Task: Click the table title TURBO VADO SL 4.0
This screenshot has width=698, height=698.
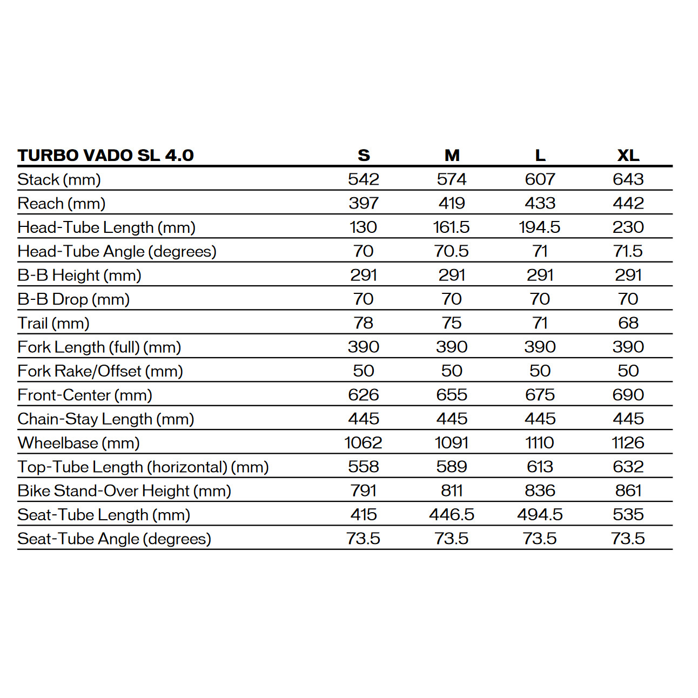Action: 105,156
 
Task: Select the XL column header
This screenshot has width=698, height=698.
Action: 628,156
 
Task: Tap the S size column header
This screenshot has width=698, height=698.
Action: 364,156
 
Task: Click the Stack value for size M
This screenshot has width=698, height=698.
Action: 452,179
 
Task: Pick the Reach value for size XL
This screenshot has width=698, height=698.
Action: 628,203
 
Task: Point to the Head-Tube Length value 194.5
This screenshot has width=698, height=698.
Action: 540,227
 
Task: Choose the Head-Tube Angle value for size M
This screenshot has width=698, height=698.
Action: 452,251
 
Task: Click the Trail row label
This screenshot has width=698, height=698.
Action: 53,323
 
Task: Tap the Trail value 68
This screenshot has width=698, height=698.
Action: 628,323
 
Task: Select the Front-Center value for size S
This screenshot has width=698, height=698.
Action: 364,395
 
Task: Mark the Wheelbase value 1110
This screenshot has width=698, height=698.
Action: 540,443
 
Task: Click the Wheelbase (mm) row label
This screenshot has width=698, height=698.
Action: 78,443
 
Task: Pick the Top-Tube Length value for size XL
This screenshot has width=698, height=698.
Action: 628,467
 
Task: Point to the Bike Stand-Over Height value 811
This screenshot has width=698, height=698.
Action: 452,491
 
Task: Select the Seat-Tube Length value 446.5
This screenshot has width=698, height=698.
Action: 452,515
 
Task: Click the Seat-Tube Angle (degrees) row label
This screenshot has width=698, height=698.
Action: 114,539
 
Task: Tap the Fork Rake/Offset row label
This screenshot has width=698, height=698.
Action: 100,371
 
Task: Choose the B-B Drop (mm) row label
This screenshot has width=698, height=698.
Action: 73,299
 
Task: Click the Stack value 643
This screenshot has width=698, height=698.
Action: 628,179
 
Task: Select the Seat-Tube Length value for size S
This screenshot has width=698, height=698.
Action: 364,515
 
